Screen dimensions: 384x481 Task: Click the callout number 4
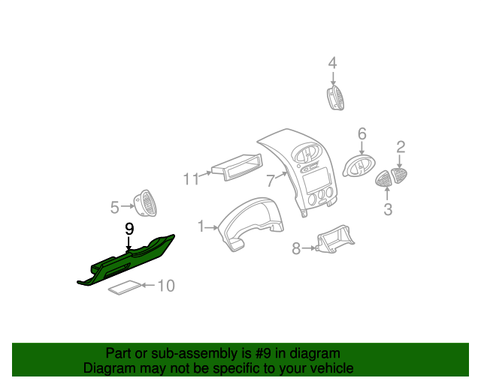tap(332, 65)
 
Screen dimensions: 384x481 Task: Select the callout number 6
tap(362, 134)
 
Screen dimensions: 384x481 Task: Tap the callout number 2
tap(401, 147)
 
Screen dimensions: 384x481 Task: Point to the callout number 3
tap(388, 209)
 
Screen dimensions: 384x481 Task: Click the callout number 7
tap(271, 180)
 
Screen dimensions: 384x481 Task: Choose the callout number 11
tap(191, 178)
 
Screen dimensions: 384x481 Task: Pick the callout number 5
tap(115, 206)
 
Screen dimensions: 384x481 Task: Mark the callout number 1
tap(201, 226)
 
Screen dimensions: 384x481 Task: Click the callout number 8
tap(296, 248)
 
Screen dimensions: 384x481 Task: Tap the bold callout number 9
tap(129, 228)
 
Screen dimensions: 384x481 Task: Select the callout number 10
tap(165, 286)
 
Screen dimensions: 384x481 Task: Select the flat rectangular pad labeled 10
tap(124, 288)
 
